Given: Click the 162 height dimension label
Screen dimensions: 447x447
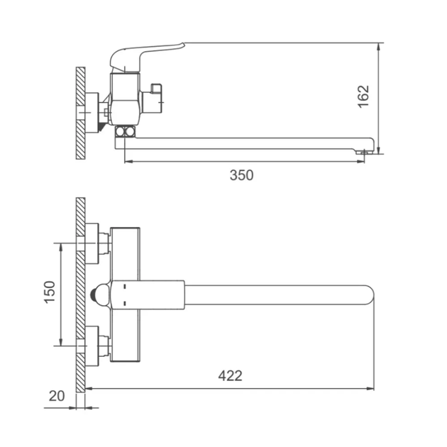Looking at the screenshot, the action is (363, 96).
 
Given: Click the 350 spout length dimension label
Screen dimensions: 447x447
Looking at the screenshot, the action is (241, 175).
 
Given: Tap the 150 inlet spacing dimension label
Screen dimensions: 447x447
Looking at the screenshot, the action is (50, 292).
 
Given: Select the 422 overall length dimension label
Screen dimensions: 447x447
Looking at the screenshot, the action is (231, 376).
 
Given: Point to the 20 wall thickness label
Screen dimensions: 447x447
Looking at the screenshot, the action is (57, 396).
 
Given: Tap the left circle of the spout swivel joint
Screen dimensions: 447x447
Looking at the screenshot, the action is (121, 132).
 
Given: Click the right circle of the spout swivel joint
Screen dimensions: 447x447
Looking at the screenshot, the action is (130, 132).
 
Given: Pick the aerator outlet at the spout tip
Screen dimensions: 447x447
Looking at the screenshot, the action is (364, 153).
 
